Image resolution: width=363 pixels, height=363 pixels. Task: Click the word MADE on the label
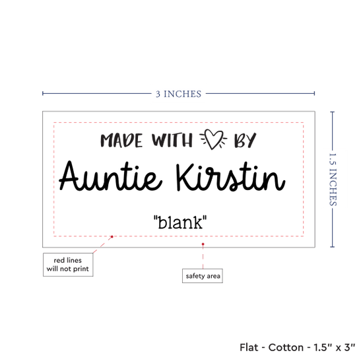[x=121, y=141]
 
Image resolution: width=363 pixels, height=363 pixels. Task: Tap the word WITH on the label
[x=172, y=140]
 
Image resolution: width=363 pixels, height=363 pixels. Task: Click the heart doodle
[x=213, y=139]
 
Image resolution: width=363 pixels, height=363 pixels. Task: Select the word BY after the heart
[x=245, y=140]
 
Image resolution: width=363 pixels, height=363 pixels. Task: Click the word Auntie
[x=111, y=176]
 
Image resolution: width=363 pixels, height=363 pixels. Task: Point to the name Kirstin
[x=230, y=177]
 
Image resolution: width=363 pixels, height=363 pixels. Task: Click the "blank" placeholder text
[x=180, y=222]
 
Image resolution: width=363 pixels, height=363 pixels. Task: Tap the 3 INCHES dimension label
[x=178, y=94]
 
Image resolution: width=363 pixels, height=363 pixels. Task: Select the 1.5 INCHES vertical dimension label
[x=333, y=180]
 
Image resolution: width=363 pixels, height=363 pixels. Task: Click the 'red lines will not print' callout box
[x=68, y=265]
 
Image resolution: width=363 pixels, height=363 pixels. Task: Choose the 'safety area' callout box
[x=203, y=276]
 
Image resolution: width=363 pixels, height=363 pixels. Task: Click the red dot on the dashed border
[x=112, y=236]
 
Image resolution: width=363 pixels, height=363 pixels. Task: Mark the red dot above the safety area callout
[x=203, y=244]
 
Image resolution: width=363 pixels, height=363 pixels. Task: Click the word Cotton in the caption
[x=286, y=347]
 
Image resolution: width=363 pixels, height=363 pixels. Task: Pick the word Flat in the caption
[x=249, y=347]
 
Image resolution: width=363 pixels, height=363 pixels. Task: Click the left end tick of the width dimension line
[x=43, y=93]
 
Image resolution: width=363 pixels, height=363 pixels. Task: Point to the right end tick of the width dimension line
[x=314, y=93]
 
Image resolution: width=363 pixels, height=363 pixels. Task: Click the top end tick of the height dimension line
[x=333, y=112]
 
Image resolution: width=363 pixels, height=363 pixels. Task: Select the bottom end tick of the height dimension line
[x=333, y=247]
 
